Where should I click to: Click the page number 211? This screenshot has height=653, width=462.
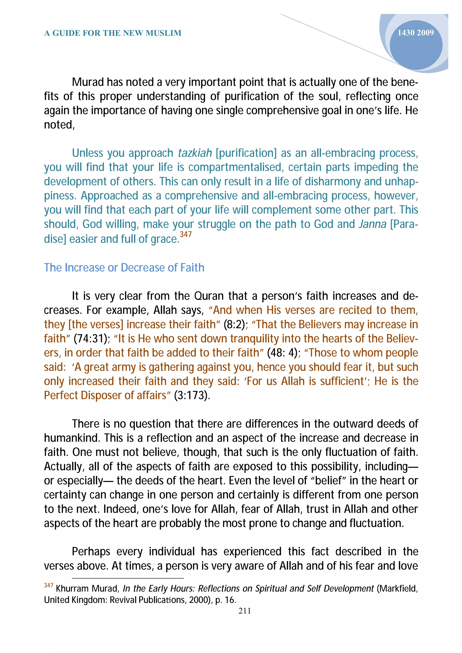coord(245,611)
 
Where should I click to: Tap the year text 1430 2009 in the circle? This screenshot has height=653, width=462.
coord(415,33)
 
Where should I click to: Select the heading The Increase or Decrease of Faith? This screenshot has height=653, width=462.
coord(124,268)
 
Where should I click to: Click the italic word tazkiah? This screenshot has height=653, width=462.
coord(195,153)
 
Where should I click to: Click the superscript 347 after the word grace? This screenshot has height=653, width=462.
coord(186,234)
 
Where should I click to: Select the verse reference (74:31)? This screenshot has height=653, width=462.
coord(92,339)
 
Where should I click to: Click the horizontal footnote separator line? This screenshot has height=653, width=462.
coord(128,578)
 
